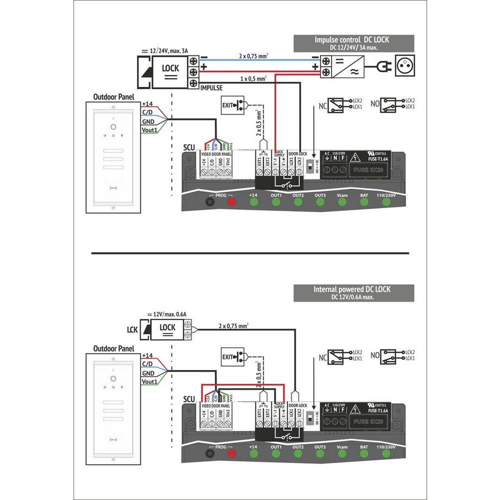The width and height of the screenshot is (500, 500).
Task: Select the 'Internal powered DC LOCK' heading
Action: coord(354,290)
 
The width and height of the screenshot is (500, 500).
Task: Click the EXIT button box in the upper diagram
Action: coord(234,107)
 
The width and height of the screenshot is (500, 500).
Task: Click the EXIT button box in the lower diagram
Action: coord(234,357)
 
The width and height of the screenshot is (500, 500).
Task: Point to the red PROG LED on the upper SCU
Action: coord(232,203)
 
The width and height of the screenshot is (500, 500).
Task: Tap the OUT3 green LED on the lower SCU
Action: coord(320,453)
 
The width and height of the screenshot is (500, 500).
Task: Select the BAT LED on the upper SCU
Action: coord(364,203)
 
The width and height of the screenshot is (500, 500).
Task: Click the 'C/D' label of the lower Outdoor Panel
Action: coord(147,363)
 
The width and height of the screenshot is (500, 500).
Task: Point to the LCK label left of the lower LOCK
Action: coord(133,329)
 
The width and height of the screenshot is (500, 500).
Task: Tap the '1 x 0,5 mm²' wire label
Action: coord(253,79)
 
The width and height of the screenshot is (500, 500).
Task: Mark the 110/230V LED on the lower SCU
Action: coord(386,453)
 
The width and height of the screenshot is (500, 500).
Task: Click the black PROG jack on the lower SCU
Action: coord(209,453)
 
